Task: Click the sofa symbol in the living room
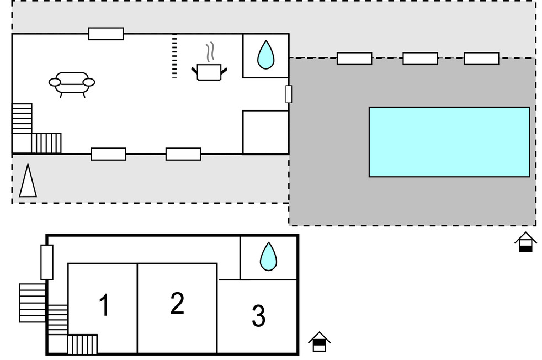pyautogui.click(x=72, y=83)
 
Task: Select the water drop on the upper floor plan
pyautogui.click(x=265, y=55)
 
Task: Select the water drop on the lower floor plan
pyautogui.click(x=268, y=257)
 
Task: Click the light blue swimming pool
pyautogui.click(x=449, y=142)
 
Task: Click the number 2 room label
pyautogui.click(x=177, y=303)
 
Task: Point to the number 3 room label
pyautogui.click(x=258, y=316)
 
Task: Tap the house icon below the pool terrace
pyautogui.click(x=525, y=242)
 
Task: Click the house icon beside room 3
pyautogui.click(x=319, y=342)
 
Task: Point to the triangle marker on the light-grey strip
pyautogui.click(x=28, y=181)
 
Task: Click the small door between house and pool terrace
pyautogui.click(x=289, y=94)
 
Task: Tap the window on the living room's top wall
pyautogui.click(x=106, y=34)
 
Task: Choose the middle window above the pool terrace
pyautogui.click(x=420, y=59)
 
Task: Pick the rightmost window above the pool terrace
pyautogui.click(x=481, y=59)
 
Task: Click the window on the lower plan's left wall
pyautogui.click(x=47, y=262)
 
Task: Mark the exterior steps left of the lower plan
pyautogui.click(x=32, y=303)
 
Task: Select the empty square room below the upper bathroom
pyautogui.click(x=265, y=132)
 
